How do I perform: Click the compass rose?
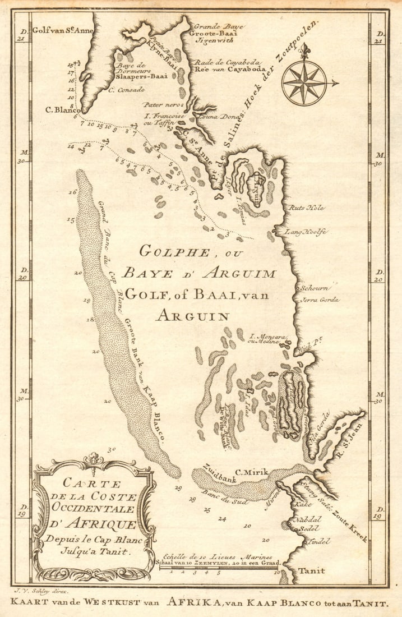pyautogui.click(x=304, y=83)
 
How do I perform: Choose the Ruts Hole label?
pyautogui.click(x=306, y=208)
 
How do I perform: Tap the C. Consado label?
pyautogui.click(x=126, y=89)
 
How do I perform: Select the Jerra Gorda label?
pyautogui.click(x=320, y=300)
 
